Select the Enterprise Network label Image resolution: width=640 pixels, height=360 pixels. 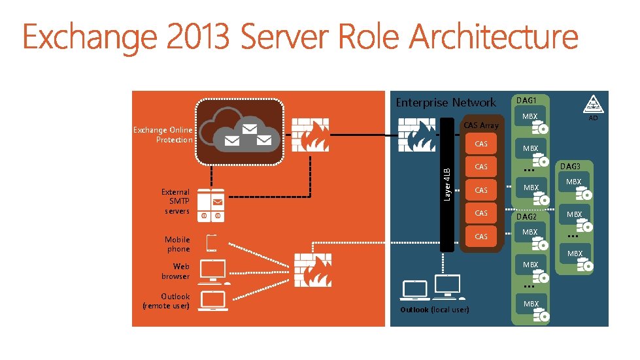pyautogui.click(x=446, y=102)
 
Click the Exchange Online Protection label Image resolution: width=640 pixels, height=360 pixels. pyautogui.click(x=163, y=135)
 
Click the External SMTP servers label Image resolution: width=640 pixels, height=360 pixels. pyautogui.click(x=176, y=201)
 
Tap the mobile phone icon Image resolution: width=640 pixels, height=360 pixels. pyautogui.click(x=212, y=243)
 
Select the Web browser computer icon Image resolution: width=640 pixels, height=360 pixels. pyautogui.click(x=213, y=271)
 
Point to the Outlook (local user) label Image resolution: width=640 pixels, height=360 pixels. pyautogui.click(x=434, y=309)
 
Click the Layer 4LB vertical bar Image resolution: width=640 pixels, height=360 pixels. pyautogui.click(x=447, y=184)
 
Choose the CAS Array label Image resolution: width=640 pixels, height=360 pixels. pyautogui.click(x=480, y=125)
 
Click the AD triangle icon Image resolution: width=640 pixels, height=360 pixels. pyautogui.click(x=592, y=105)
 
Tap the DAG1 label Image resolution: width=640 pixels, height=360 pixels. pyautogui.click(x=526, y=100)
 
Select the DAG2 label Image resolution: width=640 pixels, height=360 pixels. pyautogui.click(x=526, y=216)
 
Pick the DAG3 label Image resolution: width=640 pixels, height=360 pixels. pyautogui.click(x=570, y=167)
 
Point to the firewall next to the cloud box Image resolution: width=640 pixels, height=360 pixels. pyautogui.click(x=310, y=136)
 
